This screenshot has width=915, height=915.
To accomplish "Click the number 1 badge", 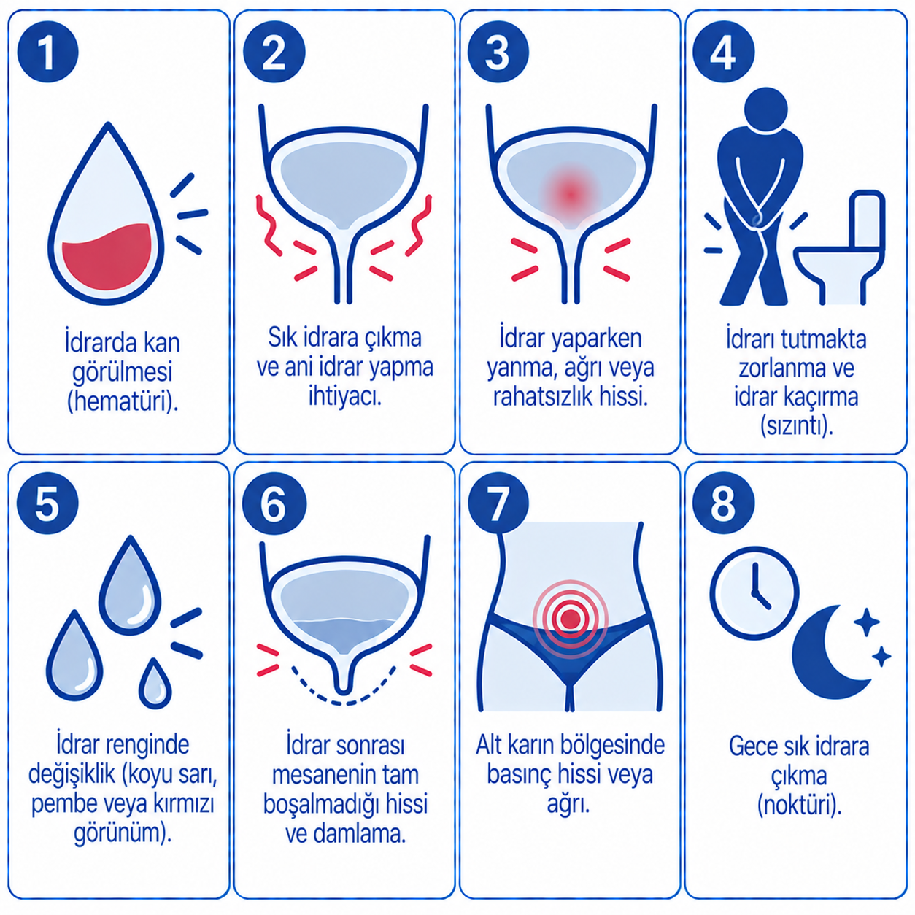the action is click(47, 53).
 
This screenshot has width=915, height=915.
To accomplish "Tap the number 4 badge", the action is click(723, 53).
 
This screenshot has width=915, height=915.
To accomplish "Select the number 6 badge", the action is click(274, 503).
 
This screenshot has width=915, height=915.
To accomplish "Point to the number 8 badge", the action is click(723, 503).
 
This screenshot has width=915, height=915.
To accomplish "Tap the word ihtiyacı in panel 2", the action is click(345, 395).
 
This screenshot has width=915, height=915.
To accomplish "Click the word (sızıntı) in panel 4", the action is click(798, 426).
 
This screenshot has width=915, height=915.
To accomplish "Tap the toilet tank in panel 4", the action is click(867, 220).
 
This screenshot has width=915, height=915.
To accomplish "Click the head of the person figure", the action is click(765, 109).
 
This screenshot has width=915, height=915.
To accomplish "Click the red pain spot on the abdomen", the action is click(571, 618).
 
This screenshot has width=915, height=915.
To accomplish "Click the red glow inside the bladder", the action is click(571, 194).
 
